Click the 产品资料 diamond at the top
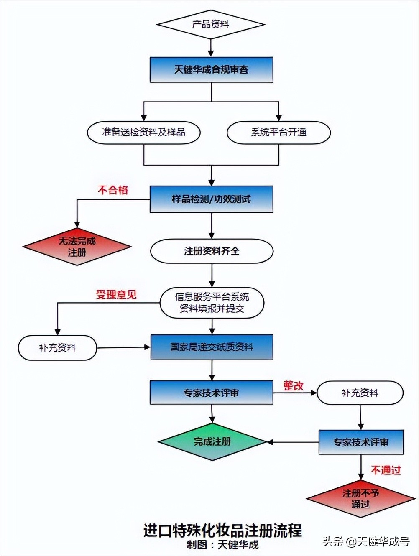coord(211,24)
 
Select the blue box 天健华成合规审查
coord(211,69)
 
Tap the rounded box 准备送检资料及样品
coord(143,133)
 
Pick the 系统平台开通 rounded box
coord(278,133)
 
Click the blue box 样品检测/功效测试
coord(211,199)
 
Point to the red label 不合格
coord(113,190)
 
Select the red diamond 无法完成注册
coord(77,247)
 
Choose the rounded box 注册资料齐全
coord(212,251)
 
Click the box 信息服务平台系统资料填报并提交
coord(212,303)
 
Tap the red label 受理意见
coord(116,295)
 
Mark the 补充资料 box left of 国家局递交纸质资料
coord(57,348)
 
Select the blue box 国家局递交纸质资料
coord(212,347)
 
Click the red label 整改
coord(294,385)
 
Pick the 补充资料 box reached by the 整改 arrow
coord(360,393)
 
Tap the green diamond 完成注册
coord(212,442)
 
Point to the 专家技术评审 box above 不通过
coord(361,442)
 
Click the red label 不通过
coord(386,470)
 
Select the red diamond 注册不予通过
coord(360,499)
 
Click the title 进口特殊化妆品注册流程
coord(222,530)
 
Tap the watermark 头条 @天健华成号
coord(366,542)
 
